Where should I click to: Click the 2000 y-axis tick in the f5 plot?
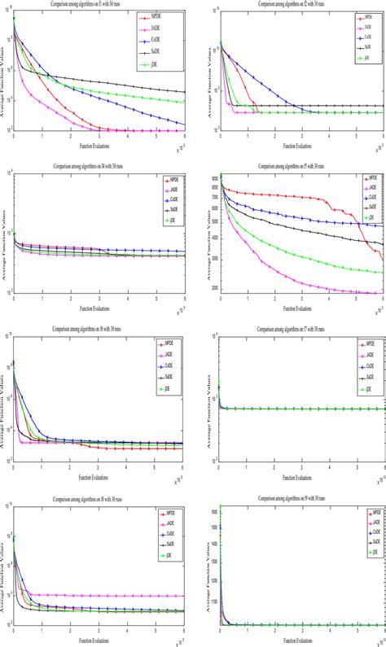(213, 288)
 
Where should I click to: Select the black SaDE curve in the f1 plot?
(98, 81)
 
